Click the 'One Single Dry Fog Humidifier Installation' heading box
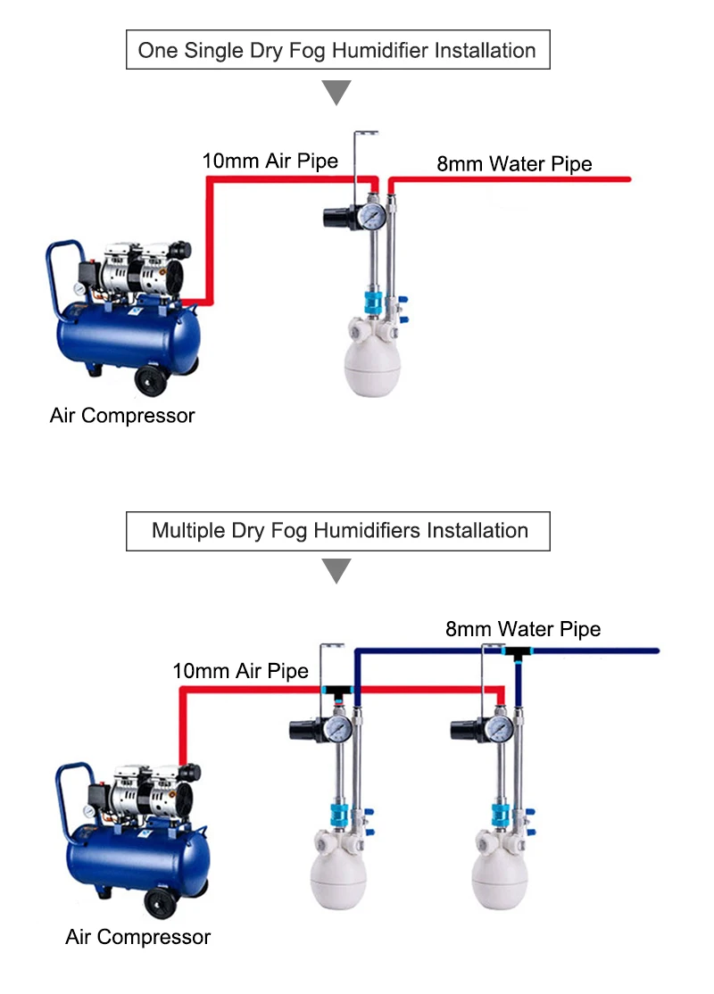336,50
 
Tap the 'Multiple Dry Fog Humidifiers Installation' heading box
339,531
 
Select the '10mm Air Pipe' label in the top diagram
270,161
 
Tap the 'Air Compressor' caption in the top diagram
122,415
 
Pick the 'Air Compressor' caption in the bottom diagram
138,937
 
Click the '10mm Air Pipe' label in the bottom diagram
241,671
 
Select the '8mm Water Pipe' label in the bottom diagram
523,629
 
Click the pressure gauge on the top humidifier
374,217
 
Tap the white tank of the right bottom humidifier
499,879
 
